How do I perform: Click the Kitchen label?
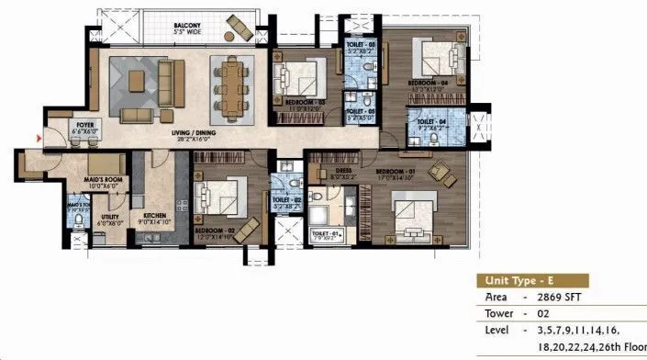153,214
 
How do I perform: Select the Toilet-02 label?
287,200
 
